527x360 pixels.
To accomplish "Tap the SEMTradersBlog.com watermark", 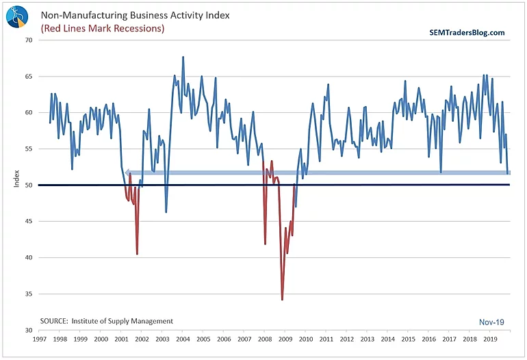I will coord(467,32).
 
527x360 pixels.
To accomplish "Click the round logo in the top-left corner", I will coord(18,16).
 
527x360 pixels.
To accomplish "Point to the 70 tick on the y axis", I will coord(29,40).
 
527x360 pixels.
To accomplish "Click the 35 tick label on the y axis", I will coord(29,294).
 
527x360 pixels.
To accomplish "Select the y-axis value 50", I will coord(29,185).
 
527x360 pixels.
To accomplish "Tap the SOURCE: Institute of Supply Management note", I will coord(107,321).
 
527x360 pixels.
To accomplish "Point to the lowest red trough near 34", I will coord(282,299).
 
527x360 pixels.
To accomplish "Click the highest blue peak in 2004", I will coord(183,57).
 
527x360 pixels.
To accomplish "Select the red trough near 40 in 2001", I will coord(137,254).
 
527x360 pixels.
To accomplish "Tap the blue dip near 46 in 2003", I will coord(166,211).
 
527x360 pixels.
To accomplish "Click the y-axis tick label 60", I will coord(29,112).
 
